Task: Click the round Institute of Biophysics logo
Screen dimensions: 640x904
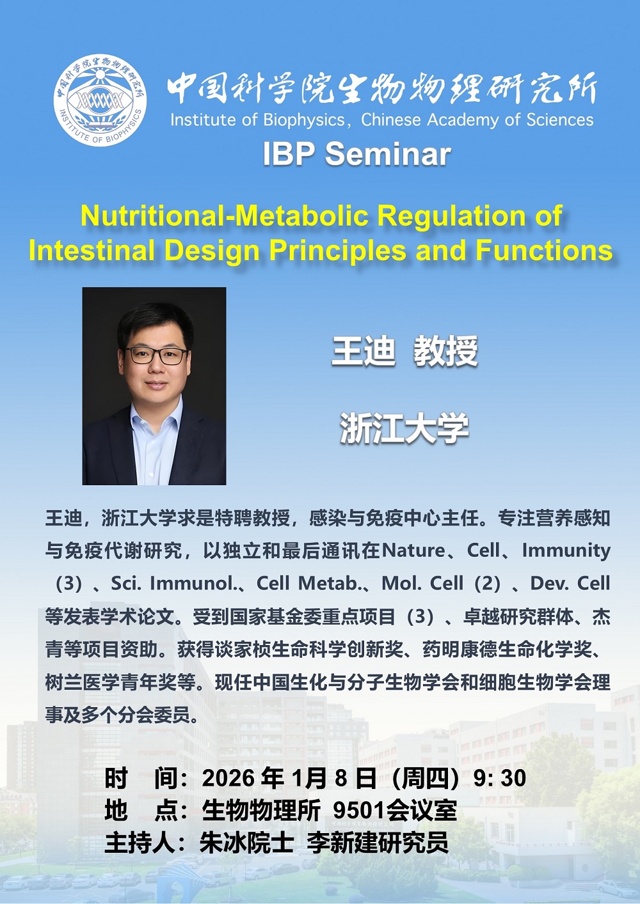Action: (x=100, y=100)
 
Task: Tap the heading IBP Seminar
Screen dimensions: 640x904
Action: (x=356, y=154)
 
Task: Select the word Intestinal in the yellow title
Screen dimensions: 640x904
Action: (x=92, y=251)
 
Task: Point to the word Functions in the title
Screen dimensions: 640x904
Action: (x=544, y=251)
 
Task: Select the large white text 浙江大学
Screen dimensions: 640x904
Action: (x=404, y=428)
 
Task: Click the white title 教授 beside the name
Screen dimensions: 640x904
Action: (x=445, y=350)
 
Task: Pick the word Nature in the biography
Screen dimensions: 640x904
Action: (x=413, y=550)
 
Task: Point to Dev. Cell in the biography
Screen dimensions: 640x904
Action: (x=570, y=583)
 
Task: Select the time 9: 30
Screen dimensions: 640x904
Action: (x=499, y=777)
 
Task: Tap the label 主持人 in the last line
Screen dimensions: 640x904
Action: (x=140, y=842)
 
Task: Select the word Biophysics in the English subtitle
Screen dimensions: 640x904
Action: (x=304, y=121)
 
